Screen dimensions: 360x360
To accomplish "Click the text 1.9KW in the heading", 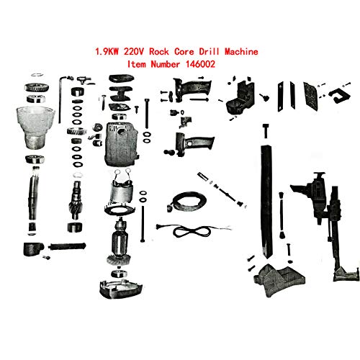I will click(x=110, y=53).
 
